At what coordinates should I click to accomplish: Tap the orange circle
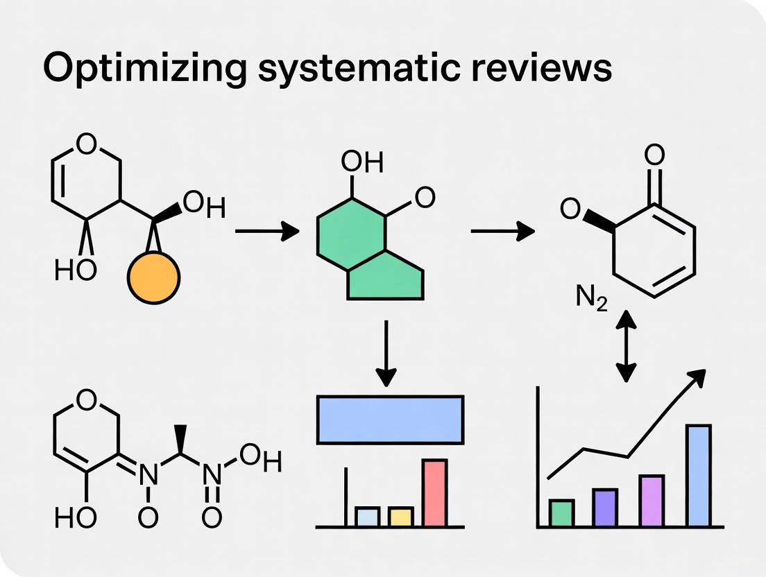click(153, 277)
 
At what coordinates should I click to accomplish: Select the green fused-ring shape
click(368, 250)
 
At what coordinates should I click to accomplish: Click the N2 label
click(591, 298)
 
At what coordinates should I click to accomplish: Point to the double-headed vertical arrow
click(626, 346)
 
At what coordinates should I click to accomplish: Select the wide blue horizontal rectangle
click(390, 420)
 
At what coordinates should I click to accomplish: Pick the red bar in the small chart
click(435, 492)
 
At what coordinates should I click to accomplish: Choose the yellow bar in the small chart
click(400, 517)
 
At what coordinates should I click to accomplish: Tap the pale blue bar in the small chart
click(367, 517)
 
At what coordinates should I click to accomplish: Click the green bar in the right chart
click(561, 513)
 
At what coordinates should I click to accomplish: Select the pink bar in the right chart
click(651, 501)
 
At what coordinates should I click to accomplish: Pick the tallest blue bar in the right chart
click(698, 476)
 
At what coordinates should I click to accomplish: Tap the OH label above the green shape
click(361, 163)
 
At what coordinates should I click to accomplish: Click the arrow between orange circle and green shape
click(267, 232)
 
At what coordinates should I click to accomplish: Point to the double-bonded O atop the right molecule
click(654, 155)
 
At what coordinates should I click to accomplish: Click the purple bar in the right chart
click(605, 508)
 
